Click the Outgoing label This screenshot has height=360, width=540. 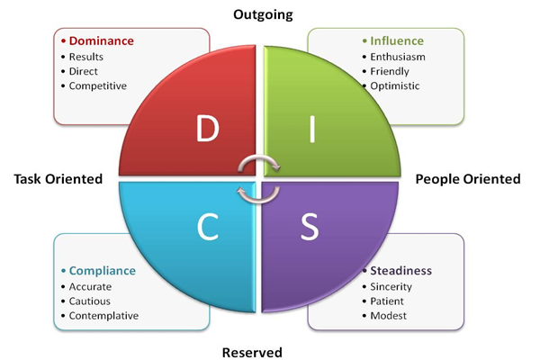(x=263, y=14)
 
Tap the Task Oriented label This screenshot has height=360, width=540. (x=58, y=179)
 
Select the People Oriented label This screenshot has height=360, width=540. (x=468, y=179)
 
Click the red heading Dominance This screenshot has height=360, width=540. (x=101, y=40)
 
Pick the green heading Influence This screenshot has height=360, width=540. (x=396, y=40)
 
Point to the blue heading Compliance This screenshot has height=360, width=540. (x=103, y=270)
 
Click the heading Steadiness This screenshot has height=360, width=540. (x=401, y=270)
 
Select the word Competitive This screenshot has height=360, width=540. (x=98, y=86)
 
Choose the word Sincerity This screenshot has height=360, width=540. (x=393, y=285)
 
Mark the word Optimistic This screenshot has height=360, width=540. (x=395, y=86)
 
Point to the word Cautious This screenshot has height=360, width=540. (x=93, y=301)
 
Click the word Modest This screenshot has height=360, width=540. (x=389, y=316)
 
